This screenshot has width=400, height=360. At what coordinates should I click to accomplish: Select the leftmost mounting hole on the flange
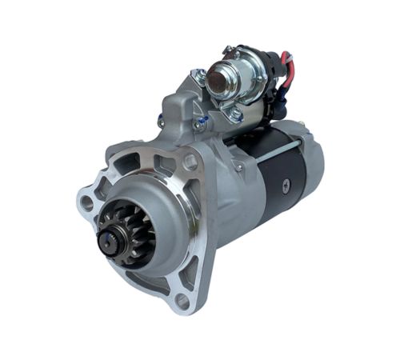tap(86, 201)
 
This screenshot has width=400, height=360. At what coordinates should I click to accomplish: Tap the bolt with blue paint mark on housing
tap(199, 124)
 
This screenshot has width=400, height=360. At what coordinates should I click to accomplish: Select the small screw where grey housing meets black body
tap(238, 167)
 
